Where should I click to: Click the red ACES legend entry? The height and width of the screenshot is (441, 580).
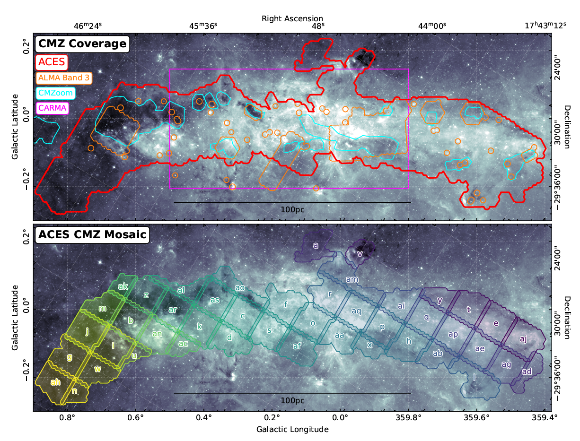[x=52, y=62]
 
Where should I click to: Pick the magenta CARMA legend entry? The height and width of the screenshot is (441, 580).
[x=52, y=108]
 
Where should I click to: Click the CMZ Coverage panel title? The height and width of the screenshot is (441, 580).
[x=82, y=44]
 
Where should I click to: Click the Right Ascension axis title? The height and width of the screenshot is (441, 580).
[x=292, y=18]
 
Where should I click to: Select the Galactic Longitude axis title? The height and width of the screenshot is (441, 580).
[x=292, y=430]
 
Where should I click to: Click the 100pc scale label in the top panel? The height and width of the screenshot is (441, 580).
[x=292, y=209]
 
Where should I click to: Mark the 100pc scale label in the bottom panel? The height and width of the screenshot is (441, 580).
[x=292, y=400]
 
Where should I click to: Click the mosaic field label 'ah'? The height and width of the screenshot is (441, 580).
[x=55, y=382]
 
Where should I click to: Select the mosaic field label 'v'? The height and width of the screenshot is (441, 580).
[x=360, y=254]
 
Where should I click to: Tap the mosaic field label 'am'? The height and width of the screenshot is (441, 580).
[x=352, y=279]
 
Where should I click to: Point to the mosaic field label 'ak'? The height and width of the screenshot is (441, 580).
[x=123, y=286]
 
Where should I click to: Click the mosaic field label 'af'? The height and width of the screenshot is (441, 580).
[x=297, y=346]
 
